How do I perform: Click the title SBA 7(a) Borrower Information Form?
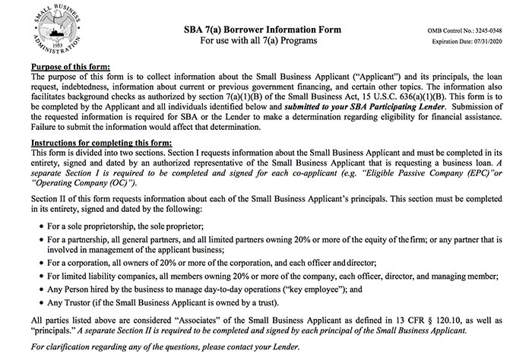[x=263, y=29]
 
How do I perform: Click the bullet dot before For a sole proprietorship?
[x=38, y=226]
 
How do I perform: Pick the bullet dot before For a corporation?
[x=38, y=266]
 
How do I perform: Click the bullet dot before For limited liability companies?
[x=38, y=280]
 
